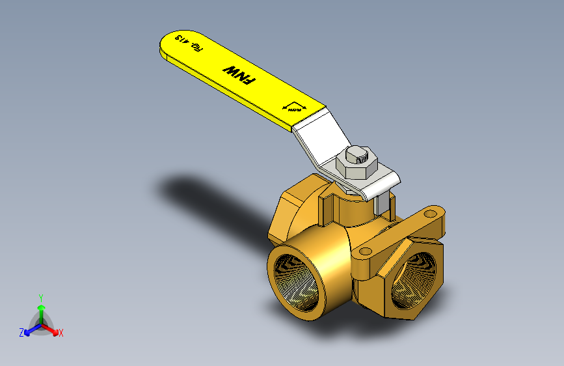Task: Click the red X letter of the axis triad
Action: click(x=61, y=333)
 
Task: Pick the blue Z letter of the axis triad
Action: click(x=21, y=332)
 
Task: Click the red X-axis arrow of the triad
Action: click(x=52, y=329)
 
